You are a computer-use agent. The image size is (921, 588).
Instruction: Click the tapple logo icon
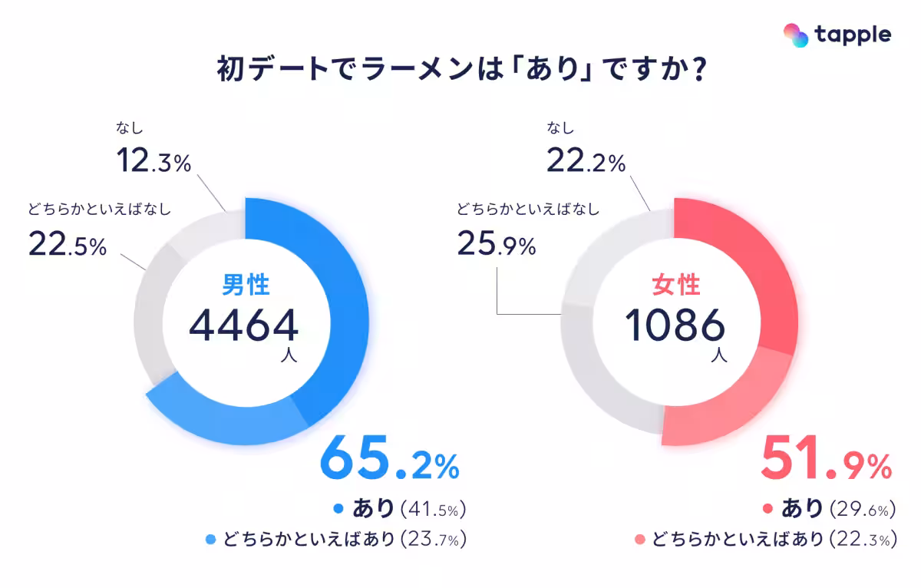coord(796,35)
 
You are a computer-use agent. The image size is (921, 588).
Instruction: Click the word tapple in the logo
coord(853,35)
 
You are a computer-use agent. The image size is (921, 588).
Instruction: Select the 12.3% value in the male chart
coord(153,162)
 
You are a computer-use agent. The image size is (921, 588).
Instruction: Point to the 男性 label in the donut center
coord(245,286)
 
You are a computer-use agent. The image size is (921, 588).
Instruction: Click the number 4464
coord(243,325)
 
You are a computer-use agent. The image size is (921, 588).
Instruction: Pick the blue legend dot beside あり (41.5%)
coord(338,508)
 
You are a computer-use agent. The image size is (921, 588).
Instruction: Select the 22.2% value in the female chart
coord(586,162)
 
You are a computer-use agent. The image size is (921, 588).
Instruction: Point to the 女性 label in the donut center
coord(675,286)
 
